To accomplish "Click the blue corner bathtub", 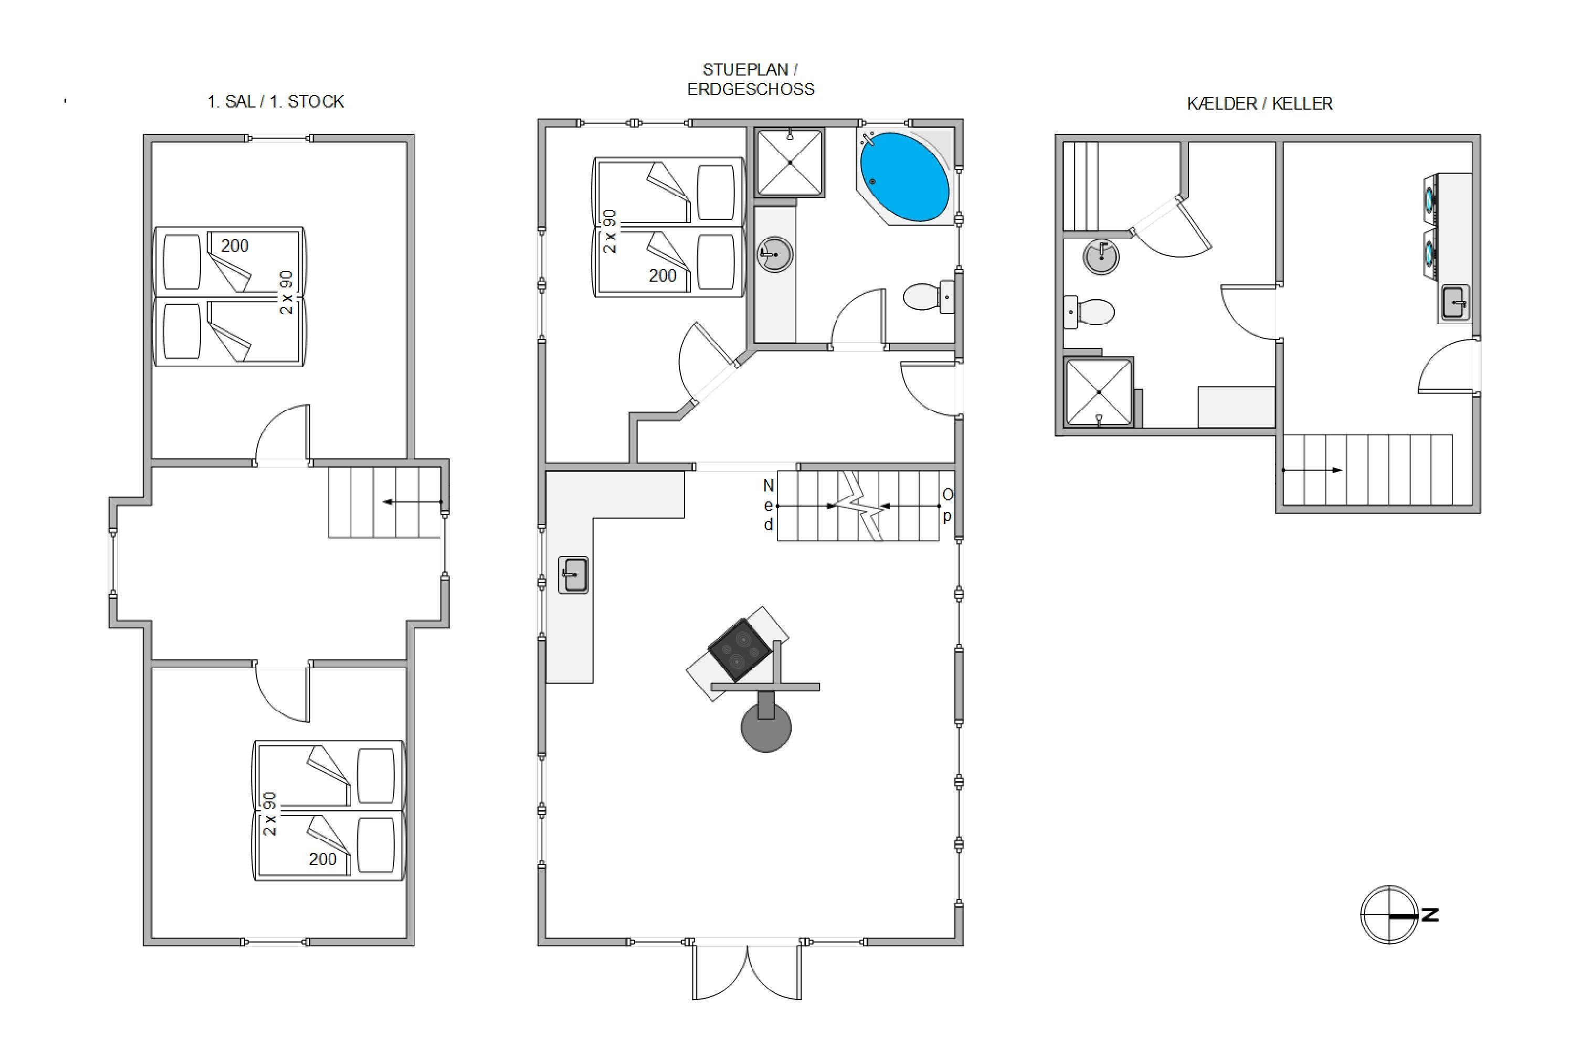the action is point(904,177).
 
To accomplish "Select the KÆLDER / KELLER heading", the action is point(1260,104).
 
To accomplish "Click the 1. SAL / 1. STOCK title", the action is point(276,102).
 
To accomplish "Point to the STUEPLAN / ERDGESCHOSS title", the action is point(751,80).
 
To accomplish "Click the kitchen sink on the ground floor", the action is point(573,575).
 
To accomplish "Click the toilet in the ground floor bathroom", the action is point(928,297).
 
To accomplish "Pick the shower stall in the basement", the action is point(1098,392).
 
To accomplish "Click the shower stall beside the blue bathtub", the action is point(790,163).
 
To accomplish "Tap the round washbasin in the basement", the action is point(1101,257).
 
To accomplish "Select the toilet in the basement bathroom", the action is point(1089,312).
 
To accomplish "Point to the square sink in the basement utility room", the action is point(1455,303).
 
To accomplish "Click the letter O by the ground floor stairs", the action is point(948,495).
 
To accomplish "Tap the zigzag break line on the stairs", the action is point(862,505).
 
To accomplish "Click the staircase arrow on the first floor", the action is point(413,502).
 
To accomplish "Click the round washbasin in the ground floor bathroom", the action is point(775,254).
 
